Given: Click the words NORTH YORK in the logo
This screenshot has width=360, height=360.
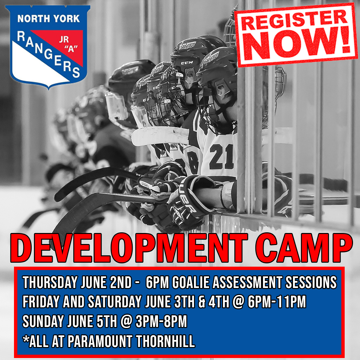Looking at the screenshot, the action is pos(48,19).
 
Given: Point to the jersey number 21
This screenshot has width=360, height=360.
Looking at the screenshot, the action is pos(221,157).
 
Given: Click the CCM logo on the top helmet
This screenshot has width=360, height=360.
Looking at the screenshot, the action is pos(187,63).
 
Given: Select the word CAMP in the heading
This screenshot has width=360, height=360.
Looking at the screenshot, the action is pos(304,248).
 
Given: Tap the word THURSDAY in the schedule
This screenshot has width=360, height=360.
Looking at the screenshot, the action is pos(50,282).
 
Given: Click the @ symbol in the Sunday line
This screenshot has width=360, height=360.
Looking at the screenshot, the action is pos(126,321).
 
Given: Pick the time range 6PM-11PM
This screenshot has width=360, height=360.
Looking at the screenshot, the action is pos(277,301).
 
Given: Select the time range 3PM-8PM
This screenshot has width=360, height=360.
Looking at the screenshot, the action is pos(161,321).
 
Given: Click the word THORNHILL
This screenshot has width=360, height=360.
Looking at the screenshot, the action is pos(165,341).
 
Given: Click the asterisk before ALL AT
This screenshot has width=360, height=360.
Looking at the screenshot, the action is pos(26,339).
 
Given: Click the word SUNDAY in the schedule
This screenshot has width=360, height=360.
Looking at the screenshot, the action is pos(43,321).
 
